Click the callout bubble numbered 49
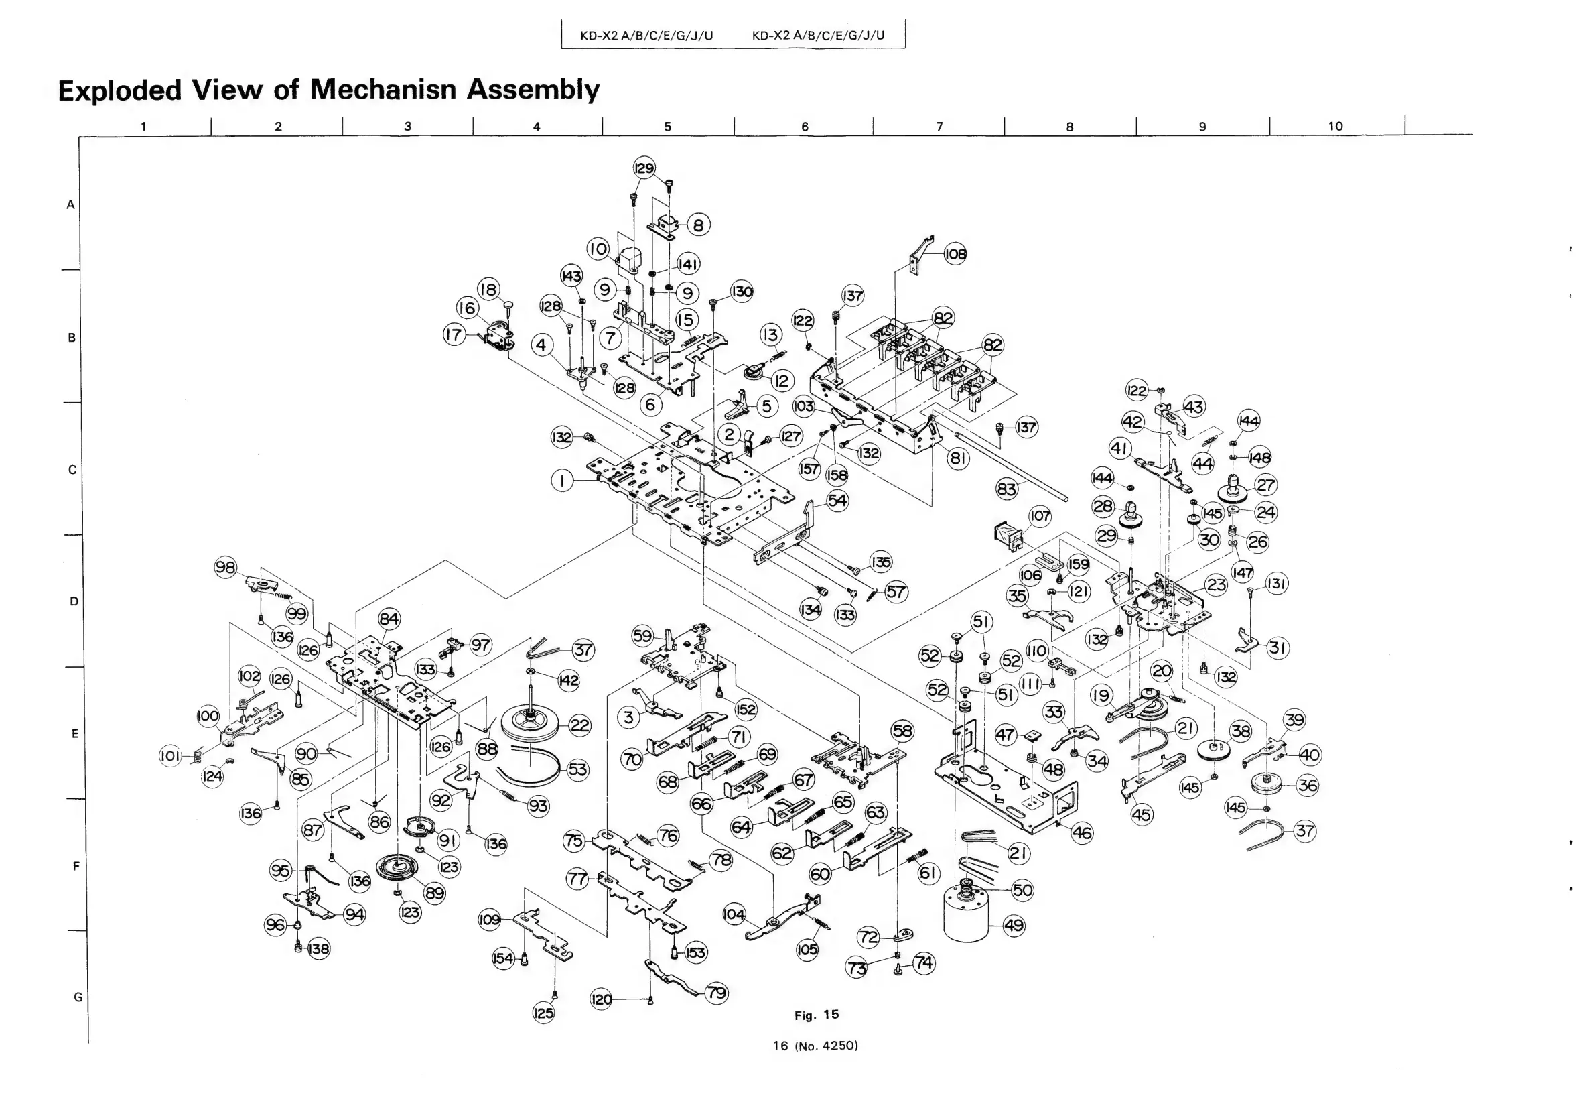(1014, 925)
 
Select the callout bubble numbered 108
(955, 254)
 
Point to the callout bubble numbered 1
(563, 481)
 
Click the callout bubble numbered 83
(1007, 489)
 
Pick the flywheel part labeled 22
(531, 723)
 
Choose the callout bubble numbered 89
(434, 893)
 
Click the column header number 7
(939, 127)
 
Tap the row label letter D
(74, 601)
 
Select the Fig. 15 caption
(817, 1015)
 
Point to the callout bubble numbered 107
(1040, 515)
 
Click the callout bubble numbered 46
(1082, 833)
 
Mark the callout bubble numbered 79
(717, 993)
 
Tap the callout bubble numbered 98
(225, 568)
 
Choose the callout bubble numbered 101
(170, 756)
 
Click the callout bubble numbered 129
(644, 168)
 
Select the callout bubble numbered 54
(838, 500)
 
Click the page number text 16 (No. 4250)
(816, 1046)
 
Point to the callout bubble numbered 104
(734, 914)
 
